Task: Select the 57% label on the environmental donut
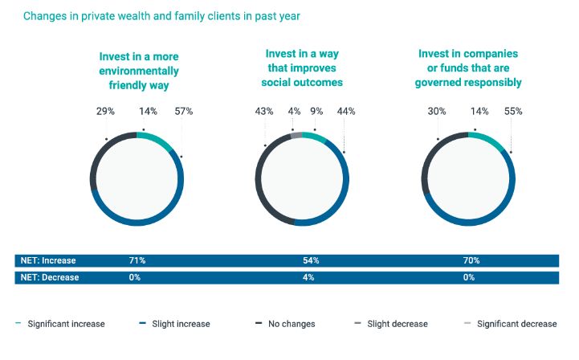tap(183, 111)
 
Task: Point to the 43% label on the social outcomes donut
tap(265, 111)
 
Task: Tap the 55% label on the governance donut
tap(513, 111)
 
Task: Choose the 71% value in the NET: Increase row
tap(137, 261)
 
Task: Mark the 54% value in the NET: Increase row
tap(311, 261)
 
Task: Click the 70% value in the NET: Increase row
tap(471, 261)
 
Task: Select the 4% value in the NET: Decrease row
tap(308, 277)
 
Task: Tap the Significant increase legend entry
tap(64, 324)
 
